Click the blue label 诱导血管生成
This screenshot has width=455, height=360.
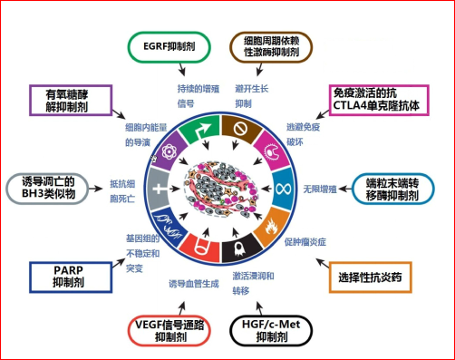pos(194,283)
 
